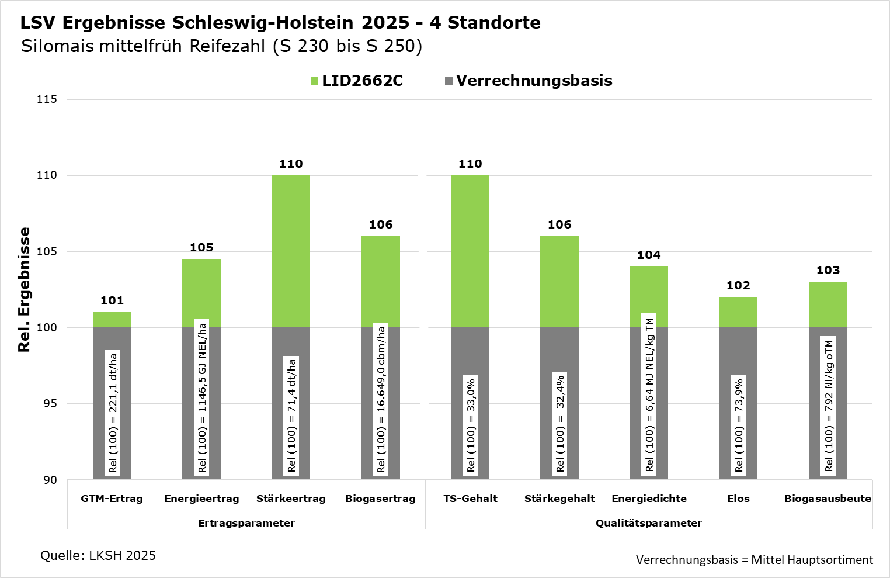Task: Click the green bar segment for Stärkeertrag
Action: [291, 251]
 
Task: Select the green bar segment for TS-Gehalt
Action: [470, 251]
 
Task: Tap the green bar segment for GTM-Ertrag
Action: [112, 320]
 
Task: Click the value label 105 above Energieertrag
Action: [201, 247]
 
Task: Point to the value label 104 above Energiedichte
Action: [649, 255]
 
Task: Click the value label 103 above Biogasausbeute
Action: [828, 270]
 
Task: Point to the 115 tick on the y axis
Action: [47, 99]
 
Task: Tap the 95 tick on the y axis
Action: [50, 404]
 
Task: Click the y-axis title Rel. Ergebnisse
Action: [24, 290]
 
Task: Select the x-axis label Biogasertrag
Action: [380, 499]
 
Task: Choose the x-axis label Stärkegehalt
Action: [559, 499]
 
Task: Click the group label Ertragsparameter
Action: [246, 523]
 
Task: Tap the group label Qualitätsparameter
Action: [649, 523]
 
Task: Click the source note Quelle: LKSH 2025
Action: [98, 555]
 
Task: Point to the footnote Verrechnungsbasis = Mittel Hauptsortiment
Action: [755, 560]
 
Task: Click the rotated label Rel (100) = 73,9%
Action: [739, 425]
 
